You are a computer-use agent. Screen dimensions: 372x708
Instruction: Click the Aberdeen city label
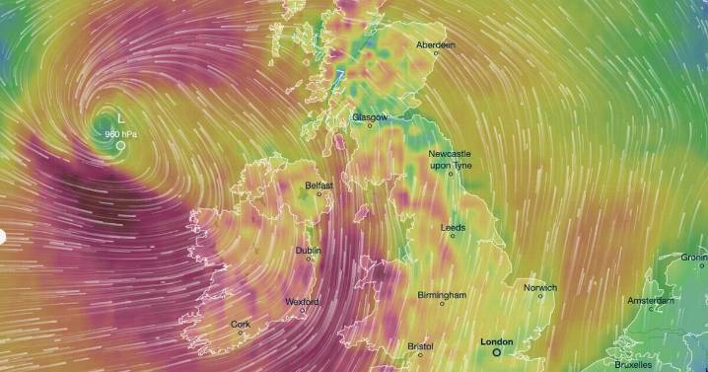(x=435, y=45)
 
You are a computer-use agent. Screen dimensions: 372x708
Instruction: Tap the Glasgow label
(x=370, y=116)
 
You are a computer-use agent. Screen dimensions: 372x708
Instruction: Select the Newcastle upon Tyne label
(x=451, y=160)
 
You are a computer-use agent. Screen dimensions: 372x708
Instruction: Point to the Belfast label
(x=319, y=185)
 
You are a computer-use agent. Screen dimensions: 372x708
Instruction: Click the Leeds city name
(x=454, y=227)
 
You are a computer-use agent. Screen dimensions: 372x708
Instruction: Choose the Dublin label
(x=308, y=251)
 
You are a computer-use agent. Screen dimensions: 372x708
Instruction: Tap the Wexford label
(x=302, y=301)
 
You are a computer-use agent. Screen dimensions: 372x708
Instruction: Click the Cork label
(x=241, y=324)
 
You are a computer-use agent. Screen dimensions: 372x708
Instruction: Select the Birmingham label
(x=441, y=295)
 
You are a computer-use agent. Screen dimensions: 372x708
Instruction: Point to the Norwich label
(x=539, y=288)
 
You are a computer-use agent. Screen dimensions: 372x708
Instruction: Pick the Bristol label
(x=420, y=346)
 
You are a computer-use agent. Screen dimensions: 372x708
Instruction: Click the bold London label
(x=496, y=341)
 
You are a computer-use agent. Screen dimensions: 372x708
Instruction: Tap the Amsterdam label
(x=652, y=300)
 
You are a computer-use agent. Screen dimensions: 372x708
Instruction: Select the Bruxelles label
(x=633, y=364)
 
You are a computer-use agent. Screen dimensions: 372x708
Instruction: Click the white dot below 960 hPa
(x=120, y=145)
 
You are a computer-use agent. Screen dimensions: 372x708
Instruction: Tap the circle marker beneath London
(x=496, y=351)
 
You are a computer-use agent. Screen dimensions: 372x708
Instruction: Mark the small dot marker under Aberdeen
(x=435, y=53)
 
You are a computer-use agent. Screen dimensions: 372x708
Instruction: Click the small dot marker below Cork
(x=241, y=333)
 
